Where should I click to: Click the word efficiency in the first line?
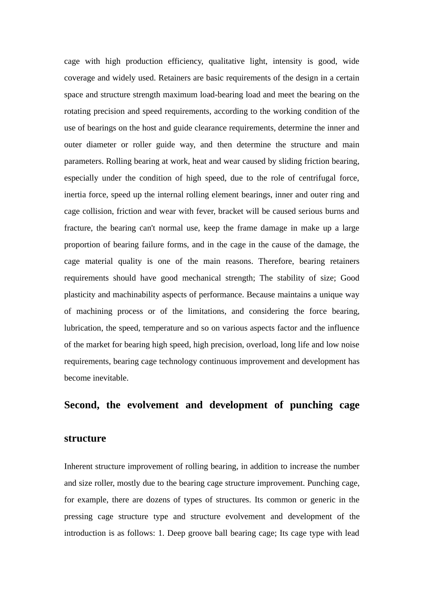point(184,61)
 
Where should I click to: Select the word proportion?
point(82,245)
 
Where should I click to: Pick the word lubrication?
point(83,328)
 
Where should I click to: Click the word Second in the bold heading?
point(82,405)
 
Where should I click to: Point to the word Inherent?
point(80,467)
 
